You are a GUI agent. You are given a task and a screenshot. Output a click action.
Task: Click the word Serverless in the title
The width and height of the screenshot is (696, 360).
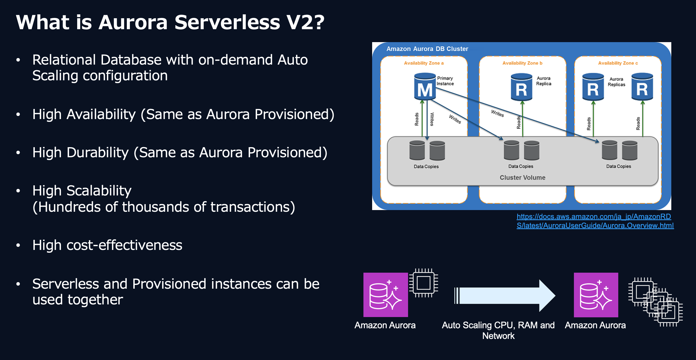click(x=227, y=22)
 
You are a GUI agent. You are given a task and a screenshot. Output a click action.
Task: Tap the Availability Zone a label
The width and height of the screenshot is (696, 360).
click(x=423, y=63)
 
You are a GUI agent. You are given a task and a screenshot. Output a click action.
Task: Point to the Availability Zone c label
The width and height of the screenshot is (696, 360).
click(x=618, y=63)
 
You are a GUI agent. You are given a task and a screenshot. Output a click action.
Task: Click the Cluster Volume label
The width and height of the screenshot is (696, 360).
click(x=522, y=177)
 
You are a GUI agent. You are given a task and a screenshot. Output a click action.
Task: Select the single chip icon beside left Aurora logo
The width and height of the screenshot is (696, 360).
click(x=423, y=283)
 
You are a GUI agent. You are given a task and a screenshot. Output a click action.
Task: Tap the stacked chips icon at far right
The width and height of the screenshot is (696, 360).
click(x=656, y=302)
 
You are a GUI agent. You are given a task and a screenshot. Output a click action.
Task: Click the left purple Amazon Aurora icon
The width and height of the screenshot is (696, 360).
click(x=386, y=295)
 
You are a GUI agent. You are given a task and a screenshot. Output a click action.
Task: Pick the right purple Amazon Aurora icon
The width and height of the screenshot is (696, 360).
click(x=596, y=295)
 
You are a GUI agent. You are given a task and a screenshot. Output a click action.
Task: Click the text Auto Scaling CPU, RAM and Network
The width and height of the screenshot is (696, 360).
click(x=498, y=330)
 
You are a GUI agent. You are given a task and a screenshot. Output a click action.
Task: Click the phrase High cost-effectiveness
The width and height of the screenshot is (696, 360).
click(x=107, y=245)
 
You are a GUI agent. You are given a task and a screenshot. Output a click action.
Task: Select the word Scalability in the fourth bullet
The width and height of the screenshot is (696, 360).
click(x=99, y=191)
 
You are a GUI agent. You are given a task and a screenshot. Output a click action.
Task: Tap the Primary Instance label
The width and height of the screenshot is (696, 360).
click(x=445, y=81)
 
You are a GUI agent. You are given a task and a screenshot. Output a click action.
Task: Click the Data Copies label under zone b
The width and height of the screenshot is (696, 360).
click(x=521, y=166)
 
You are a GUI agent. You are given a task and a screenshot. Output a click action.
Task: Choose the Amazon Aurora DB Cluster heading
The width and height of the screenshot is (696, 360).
click(x=427, y=49)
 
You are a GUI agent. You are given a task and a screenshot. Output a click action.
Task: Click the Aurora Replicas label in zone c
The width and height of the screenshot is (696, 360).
click(x=616, y=82)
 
